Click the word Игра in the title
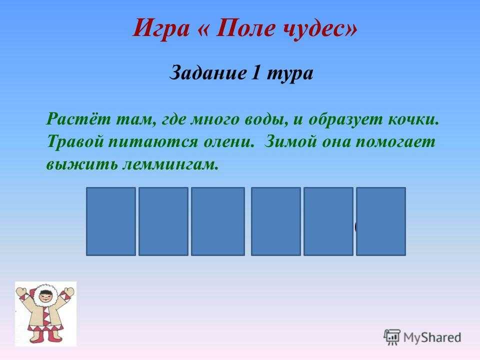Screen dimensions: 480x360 pyautogui.click(x=161, y=28)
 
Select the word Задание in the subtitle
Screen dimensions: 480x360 pyautogui.click(x=208, y=73)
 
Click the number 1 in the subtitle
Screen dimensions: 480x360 pyautogui.click(x=256, y=73)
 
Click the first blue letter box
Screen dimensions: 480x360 pyautogui.click(x=111, y=221)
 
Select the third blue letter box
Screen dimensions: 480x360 pyautogui.click(x=218, y=221)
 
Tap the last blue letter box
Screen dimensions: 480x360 pyautogui.click(x=381, y=221)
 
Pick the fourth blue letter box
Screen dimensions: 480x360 pyautogui.click(x=276, y=221)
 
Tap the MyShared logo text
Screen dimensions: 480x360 pyautogui.click(x=432, y=337)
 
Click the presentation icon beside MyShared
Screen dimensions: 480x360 pyautogui.click(x=392, y=337)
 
